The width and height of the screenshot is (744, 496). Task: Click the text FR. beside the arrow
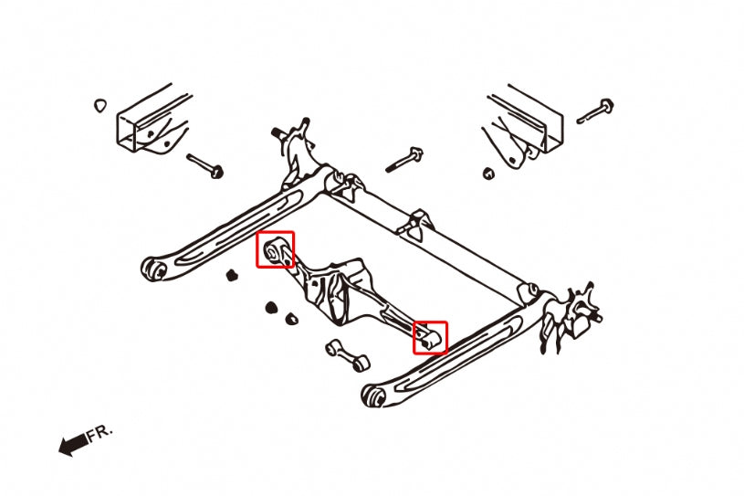click(100, 432)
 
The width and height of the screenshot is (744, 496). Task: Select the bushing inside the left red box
click(274, 249)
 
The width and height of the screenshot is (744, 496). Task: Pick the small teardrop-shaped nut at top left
click(100, 105)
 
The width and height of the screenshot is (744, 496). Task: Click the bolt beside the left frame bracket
click(205, 165)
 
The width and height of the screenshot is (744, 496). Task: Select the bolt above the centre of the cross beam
click(403, 159)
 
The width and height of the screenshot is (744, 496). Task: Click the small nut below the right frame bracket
click(488, 173)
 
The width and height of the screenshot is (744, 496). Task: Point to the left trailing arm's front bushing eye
click(153, 269)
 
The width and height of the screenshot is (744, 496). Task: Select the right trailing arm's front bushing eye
click(372, 396)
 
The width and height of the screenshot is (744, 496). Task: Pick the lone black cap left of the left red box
click(232, 273)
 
